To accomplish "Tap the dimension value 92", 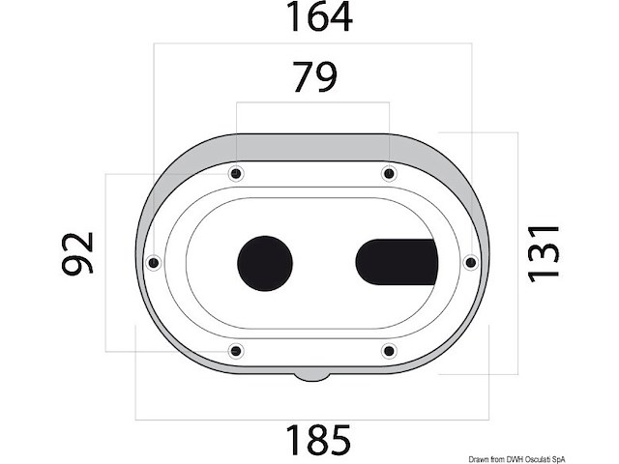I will [78, 253].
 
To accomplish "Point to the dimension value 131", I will [545, 252].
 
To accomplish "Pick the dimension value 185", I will [316, 441].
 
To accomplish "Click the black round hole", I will [264, 262].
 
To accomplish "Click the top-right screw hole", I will [388, 174].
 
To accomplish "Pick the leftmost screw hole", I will [153, 262].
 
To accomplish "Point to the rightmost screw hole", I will [471, 262].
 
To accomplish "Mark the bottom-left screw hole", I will [232, 350].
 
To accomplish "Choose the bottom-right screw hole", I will [389, 350].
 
